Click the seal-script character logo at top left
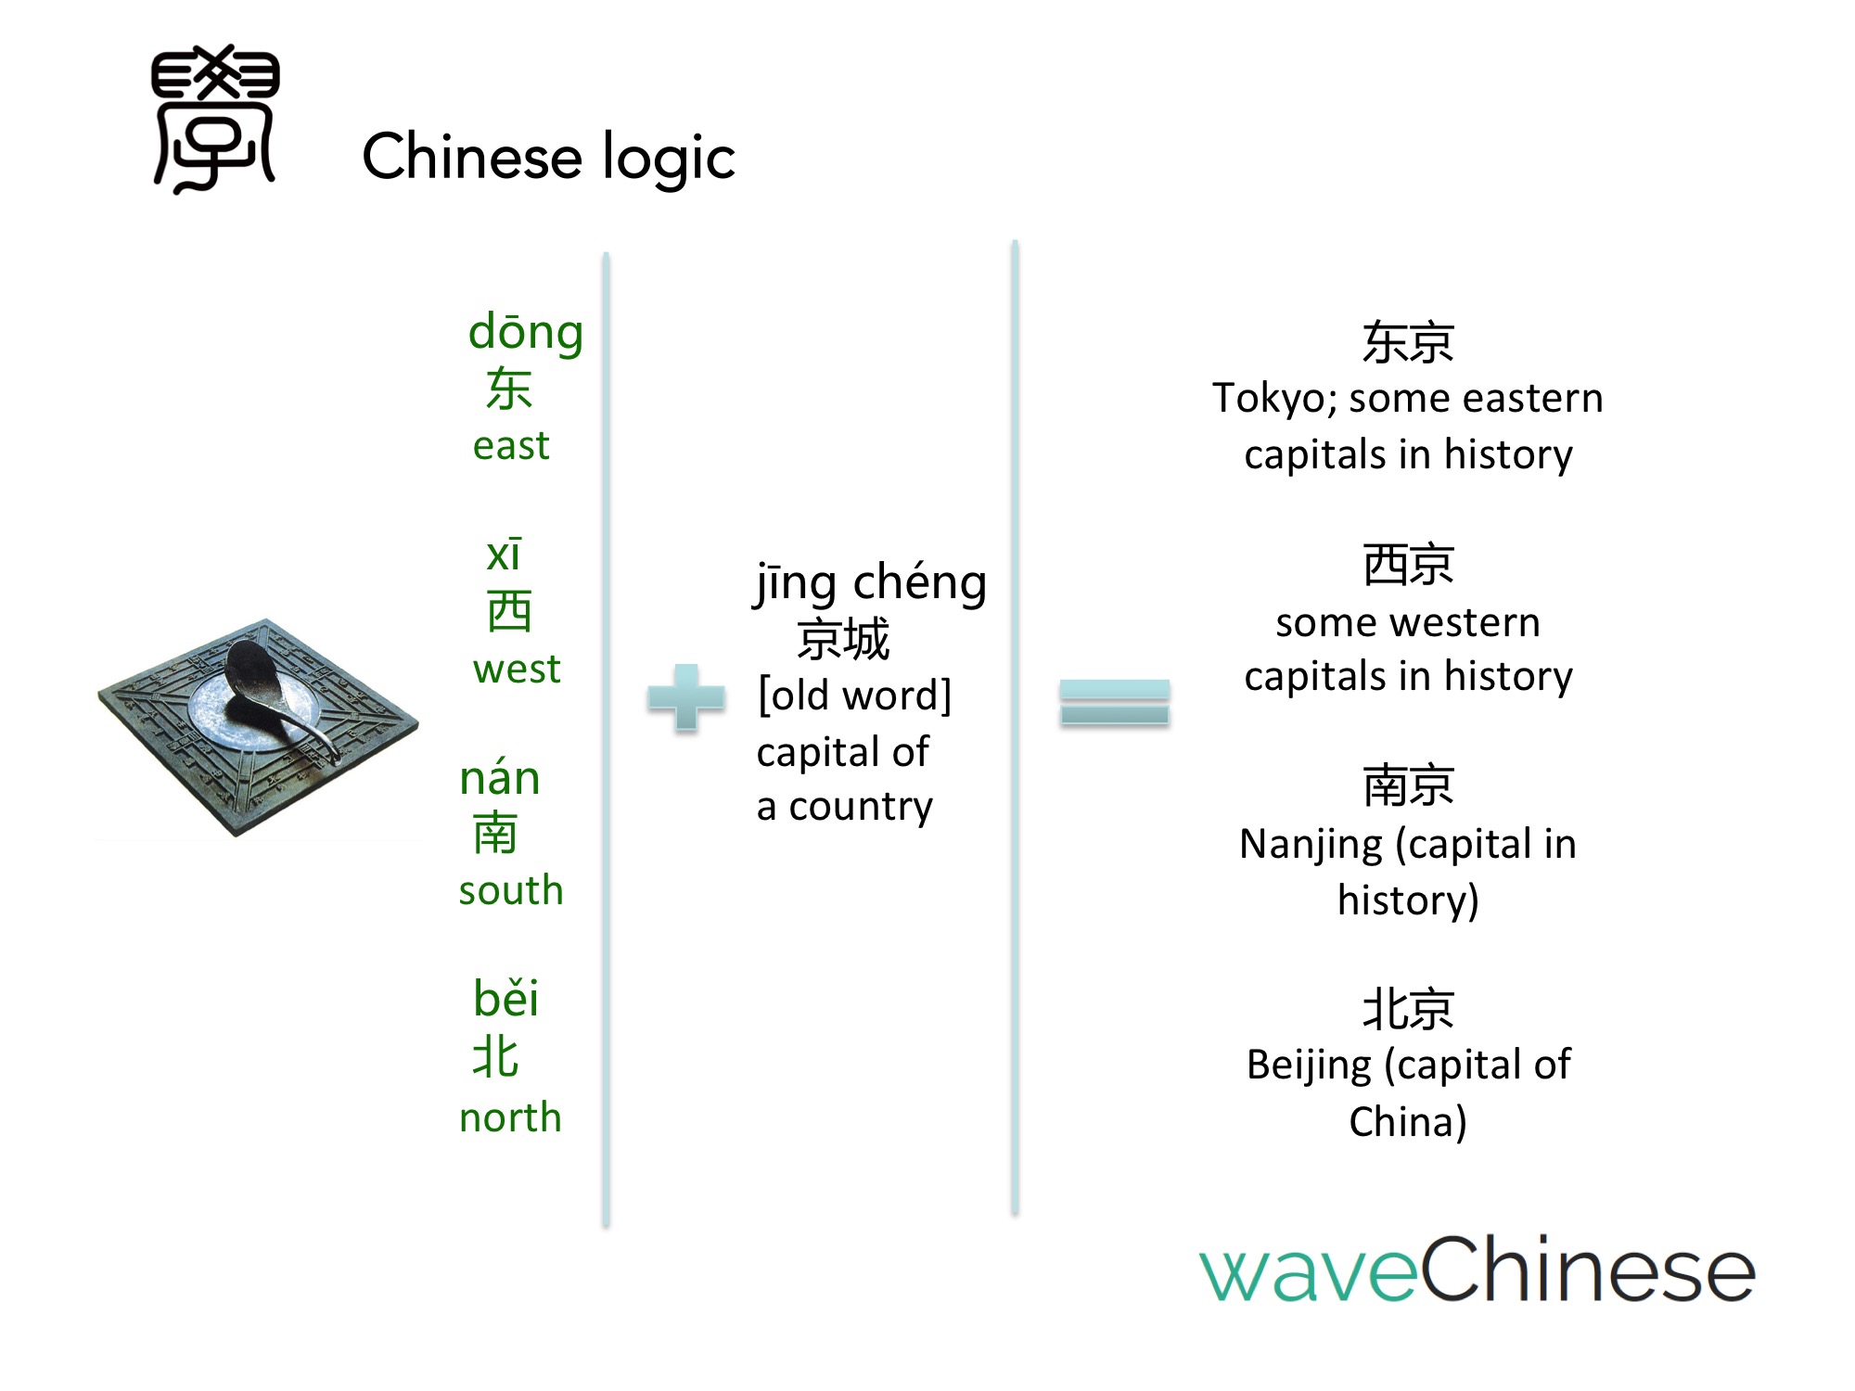click(x=215, y=119)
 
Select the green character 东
click(x=509, y=389)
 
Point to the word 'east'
click(x=511, y=446)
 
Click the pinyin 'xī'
click(x=504, y=554)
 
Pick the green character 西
click(x=509, y=611)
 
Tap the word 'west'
click(x=517, y=669)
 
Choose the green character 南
click(x=495, y=833)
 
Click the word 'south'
click(x=511, y=890)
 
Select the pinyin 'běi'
click(x=505, y=998)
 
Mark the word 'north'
click(x=511, y=1117)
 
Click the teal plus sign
click(x=686, y=697)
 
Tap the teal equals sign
click(x=1115, y=702)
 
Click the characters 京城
click(x=843, y=640)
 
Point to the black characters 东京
click(x=1408, y=342)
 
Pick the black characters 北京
click(x=1408, y=1009)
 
